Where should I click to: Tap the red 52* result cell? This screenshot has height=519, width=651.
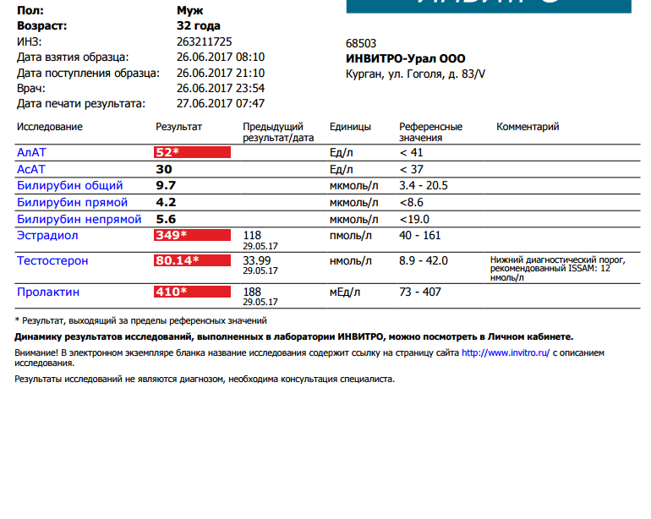pos(192,152)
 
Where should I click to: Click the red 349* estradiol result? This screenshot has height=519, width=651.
pos(192,236)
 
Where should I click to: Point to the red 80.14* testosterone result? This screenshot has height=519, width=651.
pos(192,260)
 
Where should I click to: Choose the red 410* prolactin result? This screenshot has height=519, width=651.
pos(192,292)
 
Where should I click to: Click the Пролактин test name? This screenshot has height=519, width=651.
pos(48,292)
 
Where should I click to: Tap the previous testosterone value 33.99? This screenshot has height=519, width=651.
pos(257,260)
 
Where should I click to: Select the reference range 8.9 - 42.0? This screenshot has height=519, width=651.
pos(424,260)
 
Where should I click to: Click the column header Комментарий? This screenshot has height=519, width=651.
pos(528,127)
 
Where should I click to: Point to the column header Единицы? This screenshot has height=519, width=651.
pos(350,127)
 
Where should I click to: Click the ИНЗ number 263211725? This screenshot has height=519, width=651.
pos(205,41)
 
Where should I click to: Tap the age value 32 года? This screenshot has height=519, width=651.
pos(199,25)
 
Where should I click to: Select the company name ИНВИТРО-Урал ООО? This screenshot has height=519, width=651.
pos(405,59)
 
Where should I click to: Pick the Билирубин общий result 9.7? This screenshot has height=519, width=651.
pos(166,185)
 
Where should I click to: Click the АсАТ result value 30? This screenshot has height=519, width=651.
pos(164,169)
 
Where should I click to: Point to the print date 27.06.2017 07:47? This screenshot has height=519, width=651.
pos(221,103)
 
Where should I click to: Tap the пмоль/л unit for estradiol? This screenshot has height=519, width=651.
pos(351,235)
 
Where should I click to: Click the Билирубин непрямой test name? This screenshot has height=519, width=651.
pos(79,218)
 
